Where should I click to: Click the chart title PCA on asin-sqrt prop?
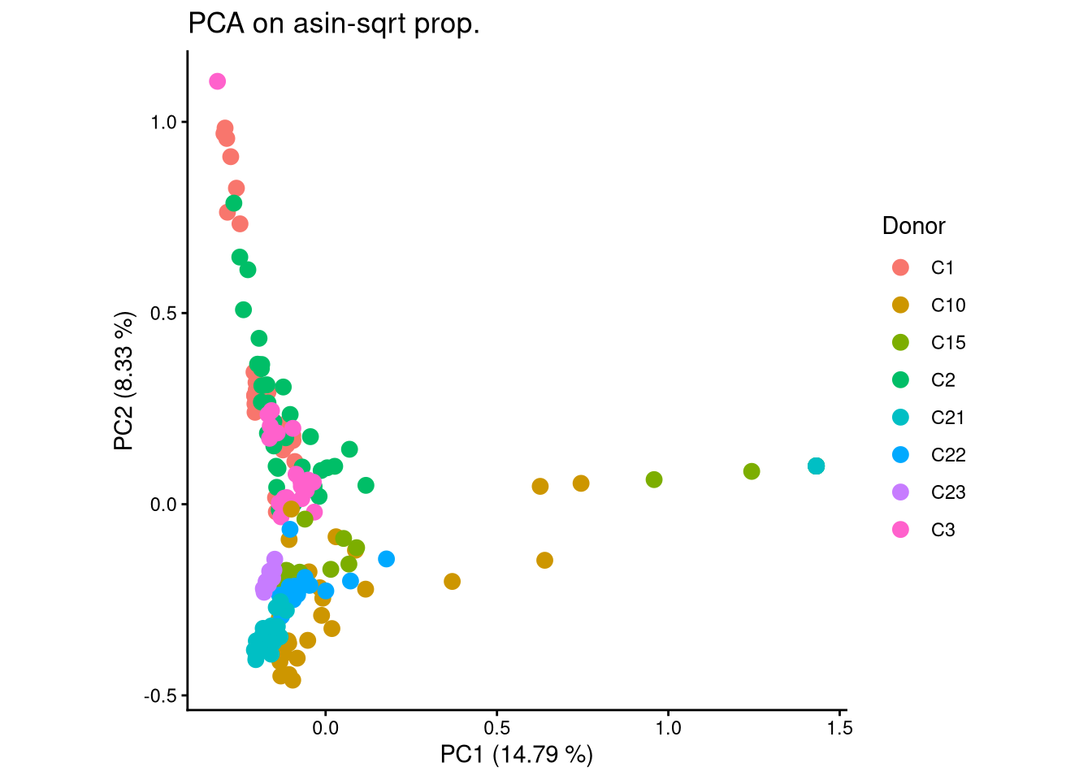(334, 24)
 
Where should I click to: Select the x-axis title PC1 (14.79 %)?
(516, 754)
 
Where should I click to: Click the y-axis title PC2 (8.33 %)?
(124, 380)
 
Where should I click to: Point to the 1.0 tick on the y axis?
(163, 122)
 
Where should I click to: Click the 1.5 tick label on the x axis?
(840, 728)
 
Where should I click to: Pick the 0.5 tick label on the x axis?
(497, 728)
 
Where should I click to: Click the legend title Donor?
(913, 226)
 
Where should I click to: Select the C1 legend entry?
(942, 268)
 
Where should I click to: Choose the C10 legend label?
(948, 305)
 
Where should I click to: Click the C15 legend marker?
(900, 343)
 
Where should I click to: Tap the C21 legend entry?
(947, 418)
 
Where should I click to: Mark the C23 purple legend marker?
(900, 492)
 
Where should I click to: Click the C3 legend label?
(942, 530)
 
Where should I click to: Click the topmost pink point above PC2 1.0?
(217, 81)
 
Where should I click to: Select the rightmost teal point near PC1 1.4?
(817, 466)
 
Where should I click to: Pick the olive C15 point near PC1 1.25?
(752, 471)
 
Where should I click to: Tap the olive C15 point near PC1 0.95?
(654, 479)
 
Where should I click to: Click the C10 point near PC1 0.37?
(453, 581)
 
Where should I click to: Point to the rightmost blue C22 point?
(387, 559)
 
